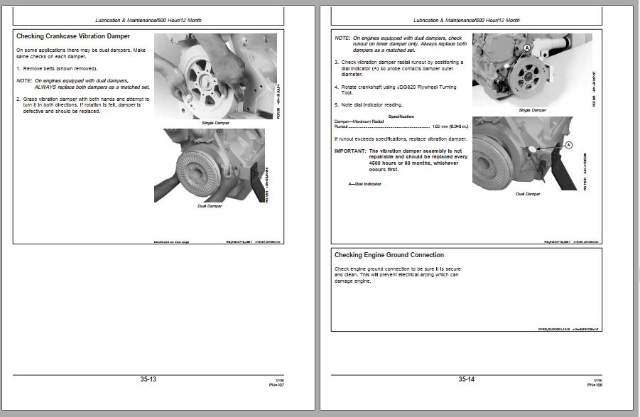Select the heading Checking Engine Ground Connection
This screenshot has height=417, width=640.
coord(389,255)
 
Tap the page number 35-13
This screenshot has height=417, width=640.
coord(148,379)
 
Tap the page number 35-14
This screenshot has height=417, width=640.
coord(466,379)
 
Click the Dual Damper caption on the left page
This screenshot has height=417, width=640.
coord(210,206)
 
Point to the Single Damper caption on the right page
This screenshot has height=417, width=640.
coord(533,110)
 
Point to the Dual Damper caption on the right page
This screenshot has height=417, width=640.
coord(528,193)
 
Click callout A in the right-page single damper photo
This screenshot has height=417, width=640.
coord(527,47)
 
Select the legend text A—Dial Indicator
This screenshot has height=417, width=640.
coord(364,184)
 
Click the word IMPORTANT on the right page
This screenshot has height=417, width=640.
coord(349,151)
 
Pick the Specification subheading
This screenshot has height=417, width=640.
coord(401,117)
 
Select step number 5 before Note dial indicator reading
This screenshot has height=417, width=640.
coord(336,105)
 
